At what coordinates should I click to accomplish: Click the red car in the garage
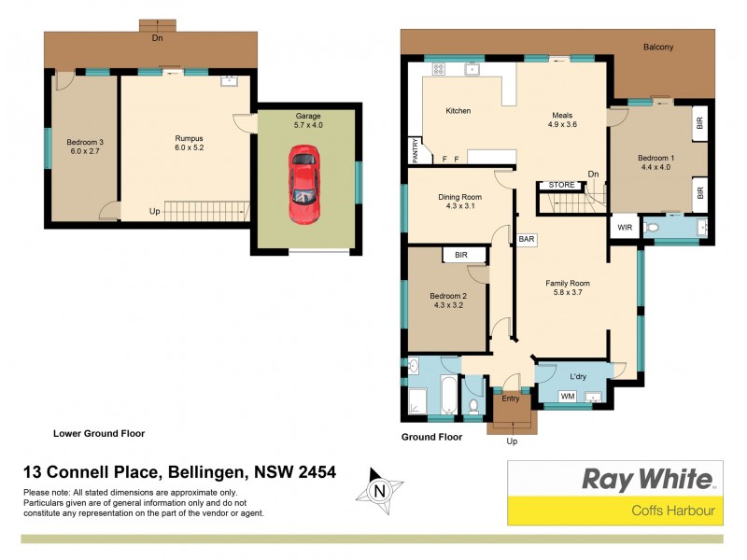tap(304, 184)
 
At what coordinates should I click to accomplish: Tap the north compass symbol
tap(379, 489)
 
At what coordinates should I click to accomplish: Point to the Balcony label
tap(657, 47)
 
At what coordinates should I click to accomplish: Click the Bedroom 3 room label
tap(84, 142)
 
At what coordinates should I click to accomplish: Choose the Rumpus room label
tap(190, 138)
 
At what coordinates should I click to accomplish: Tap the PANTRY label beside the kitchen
tap(415, 149)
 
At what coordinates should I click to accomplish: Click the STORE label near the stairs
tap(562, 185)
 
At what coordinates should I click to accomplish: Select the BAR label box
tap(527, 239)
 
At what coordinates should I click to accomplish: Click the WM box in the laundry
tap(567, 397)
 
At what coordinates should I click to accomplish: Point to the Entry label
tap(511, 399)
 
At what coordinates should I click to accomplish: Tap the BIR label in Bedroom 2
tap(461, 254)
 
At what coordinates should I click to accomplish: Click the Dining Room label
tap(459, 197)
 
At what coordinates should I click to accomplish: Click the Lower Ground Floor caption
tap(98, 433)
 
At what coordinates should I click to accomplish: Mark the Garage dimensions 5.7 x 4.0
tap(307, 125)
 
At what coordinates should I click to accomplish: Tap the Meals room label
tap(562, 114)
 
